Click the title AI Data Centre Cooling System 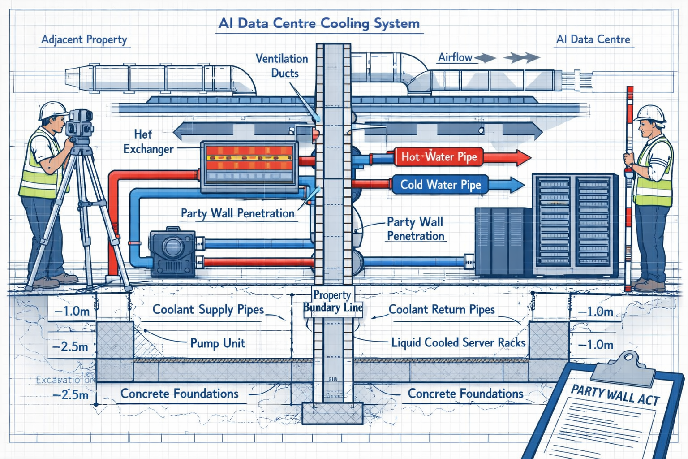click(x=319, y=23)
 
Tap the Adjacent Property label click(x=84, y=39)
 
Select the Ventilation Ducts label click(x=282, y=66)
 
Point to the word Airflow click(x=455, y=57)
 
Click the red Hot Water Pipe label click(x=439, y=157)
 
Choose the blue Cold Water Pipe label click(x=440, y=185)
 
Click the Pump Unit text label click(x=218, y=343)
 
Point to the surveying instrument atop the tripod click(x=79, y=123)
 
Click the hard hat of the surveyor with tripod click(x=53, y=110)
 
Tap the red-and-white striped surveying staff click(x=630, y=188)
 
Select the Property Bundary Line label click(x=332, y=301)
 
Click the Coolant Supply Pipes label click(x=208, y=310)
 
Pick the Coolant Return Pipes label click(x=442, y=310)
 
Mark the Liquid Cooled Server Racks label click(x=458, y=343)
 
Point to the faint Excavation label click(x=65, y=380)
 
